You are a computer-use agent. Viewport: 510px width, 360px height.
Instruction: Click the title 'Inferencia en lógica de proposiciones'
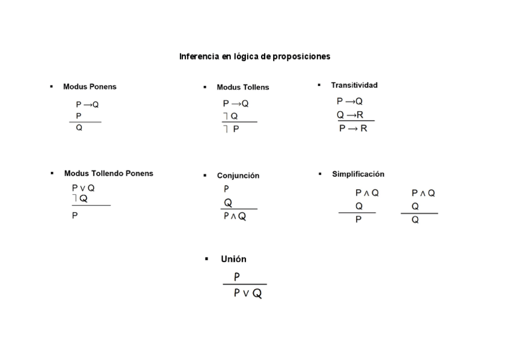[254, 56]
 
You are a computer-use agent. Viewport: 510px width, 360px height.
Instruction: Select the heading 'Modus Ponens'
[90, 87]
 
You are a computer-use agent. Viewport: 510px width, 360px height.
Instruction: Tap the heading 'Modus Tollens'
[242, 87]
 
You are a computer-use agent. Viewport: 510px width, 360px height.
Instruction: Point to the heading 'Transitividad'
[354, 85]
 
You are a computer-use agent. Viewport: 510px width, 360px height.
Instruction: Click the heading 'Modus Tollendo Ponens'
[108, 174]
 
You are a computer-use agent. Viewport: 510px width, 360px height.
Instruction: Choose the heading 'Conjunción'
[238, 176]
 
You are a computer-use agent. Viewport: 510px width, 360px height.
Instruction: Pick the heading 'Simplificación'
[358, 174]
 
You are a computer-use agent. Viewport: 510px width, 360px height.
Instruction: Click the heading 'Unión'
[233, 260]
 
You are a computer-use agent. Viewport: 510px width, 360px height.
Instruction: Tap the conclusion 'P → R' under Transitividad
[353, 129]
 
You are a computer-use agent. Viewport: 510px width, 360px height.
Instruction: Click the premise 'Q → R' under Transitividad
[350, 115]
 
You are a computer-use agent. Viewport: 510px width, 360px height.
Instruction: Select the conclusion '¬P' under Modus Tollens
[231, 129]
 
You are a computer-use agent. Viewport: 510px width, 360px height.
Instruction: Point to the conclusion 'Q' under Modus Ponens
[79, 128]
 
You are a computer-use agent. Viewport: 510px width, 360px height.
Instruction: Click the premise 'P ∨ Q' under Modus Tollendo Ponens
[83, 188]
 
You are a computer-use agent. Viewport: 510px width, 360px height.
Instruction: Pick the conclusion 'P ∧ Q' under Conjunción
[235, 217]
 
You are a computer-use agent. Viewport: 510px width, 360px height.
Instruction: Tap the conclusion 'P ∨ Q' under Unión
[248, 294]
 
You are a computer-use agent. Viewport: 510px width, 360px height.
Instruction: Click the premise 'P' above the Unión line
[237, 277]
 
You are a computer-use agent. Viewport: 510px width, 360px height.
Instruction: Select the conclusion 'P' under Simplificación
[358, 219]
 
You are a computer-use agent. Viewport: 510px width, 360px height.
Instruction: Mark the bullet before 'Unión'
[206, 259]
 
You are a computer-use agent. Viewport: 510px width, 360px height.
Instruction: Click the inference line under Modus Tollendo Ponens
[91, 206]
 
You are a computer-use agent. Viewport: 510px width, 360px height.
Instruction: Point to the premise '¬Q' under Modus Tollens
[230, 116]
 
